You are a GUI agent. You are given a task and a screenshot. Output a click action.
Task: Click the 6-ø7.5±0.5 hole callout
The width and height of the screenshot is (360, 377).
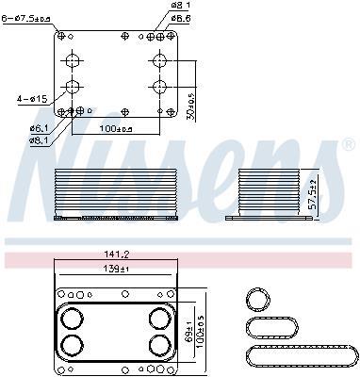(x=25, y=18)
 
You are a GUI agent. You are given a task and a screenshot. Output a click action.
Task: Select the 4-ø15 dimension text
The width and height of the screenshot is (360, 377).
(x=32, y=99)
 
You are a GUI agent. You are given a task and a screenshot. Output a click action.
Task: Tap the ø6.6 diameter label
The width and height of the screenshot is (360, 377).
(x=181, y=19)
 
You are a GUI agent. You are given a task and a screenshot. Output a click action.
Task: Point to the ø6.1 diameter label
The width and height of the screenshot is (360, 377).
(x=39, y=127)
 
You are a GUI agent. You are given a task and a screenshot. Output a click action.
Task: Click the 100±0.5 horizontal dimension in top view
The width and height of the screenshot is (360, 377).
(x=116, y=128)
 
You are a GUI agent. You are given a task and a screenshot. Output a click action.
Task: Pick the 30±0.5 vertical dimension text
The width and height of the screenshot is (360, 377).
(x=190, y=107)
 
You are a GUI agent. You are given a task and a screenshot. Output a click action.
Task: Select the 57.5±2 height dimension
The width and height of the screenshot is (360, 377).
(x=312, y=196)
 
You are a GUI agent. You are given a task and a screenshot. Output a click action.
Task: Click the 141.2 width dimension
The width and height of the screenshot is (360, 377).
(x=116, y=254)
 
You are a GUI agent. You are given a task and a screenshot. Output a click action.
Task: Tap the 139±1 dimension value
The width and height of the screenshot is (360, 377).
(x=116, y=269)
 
